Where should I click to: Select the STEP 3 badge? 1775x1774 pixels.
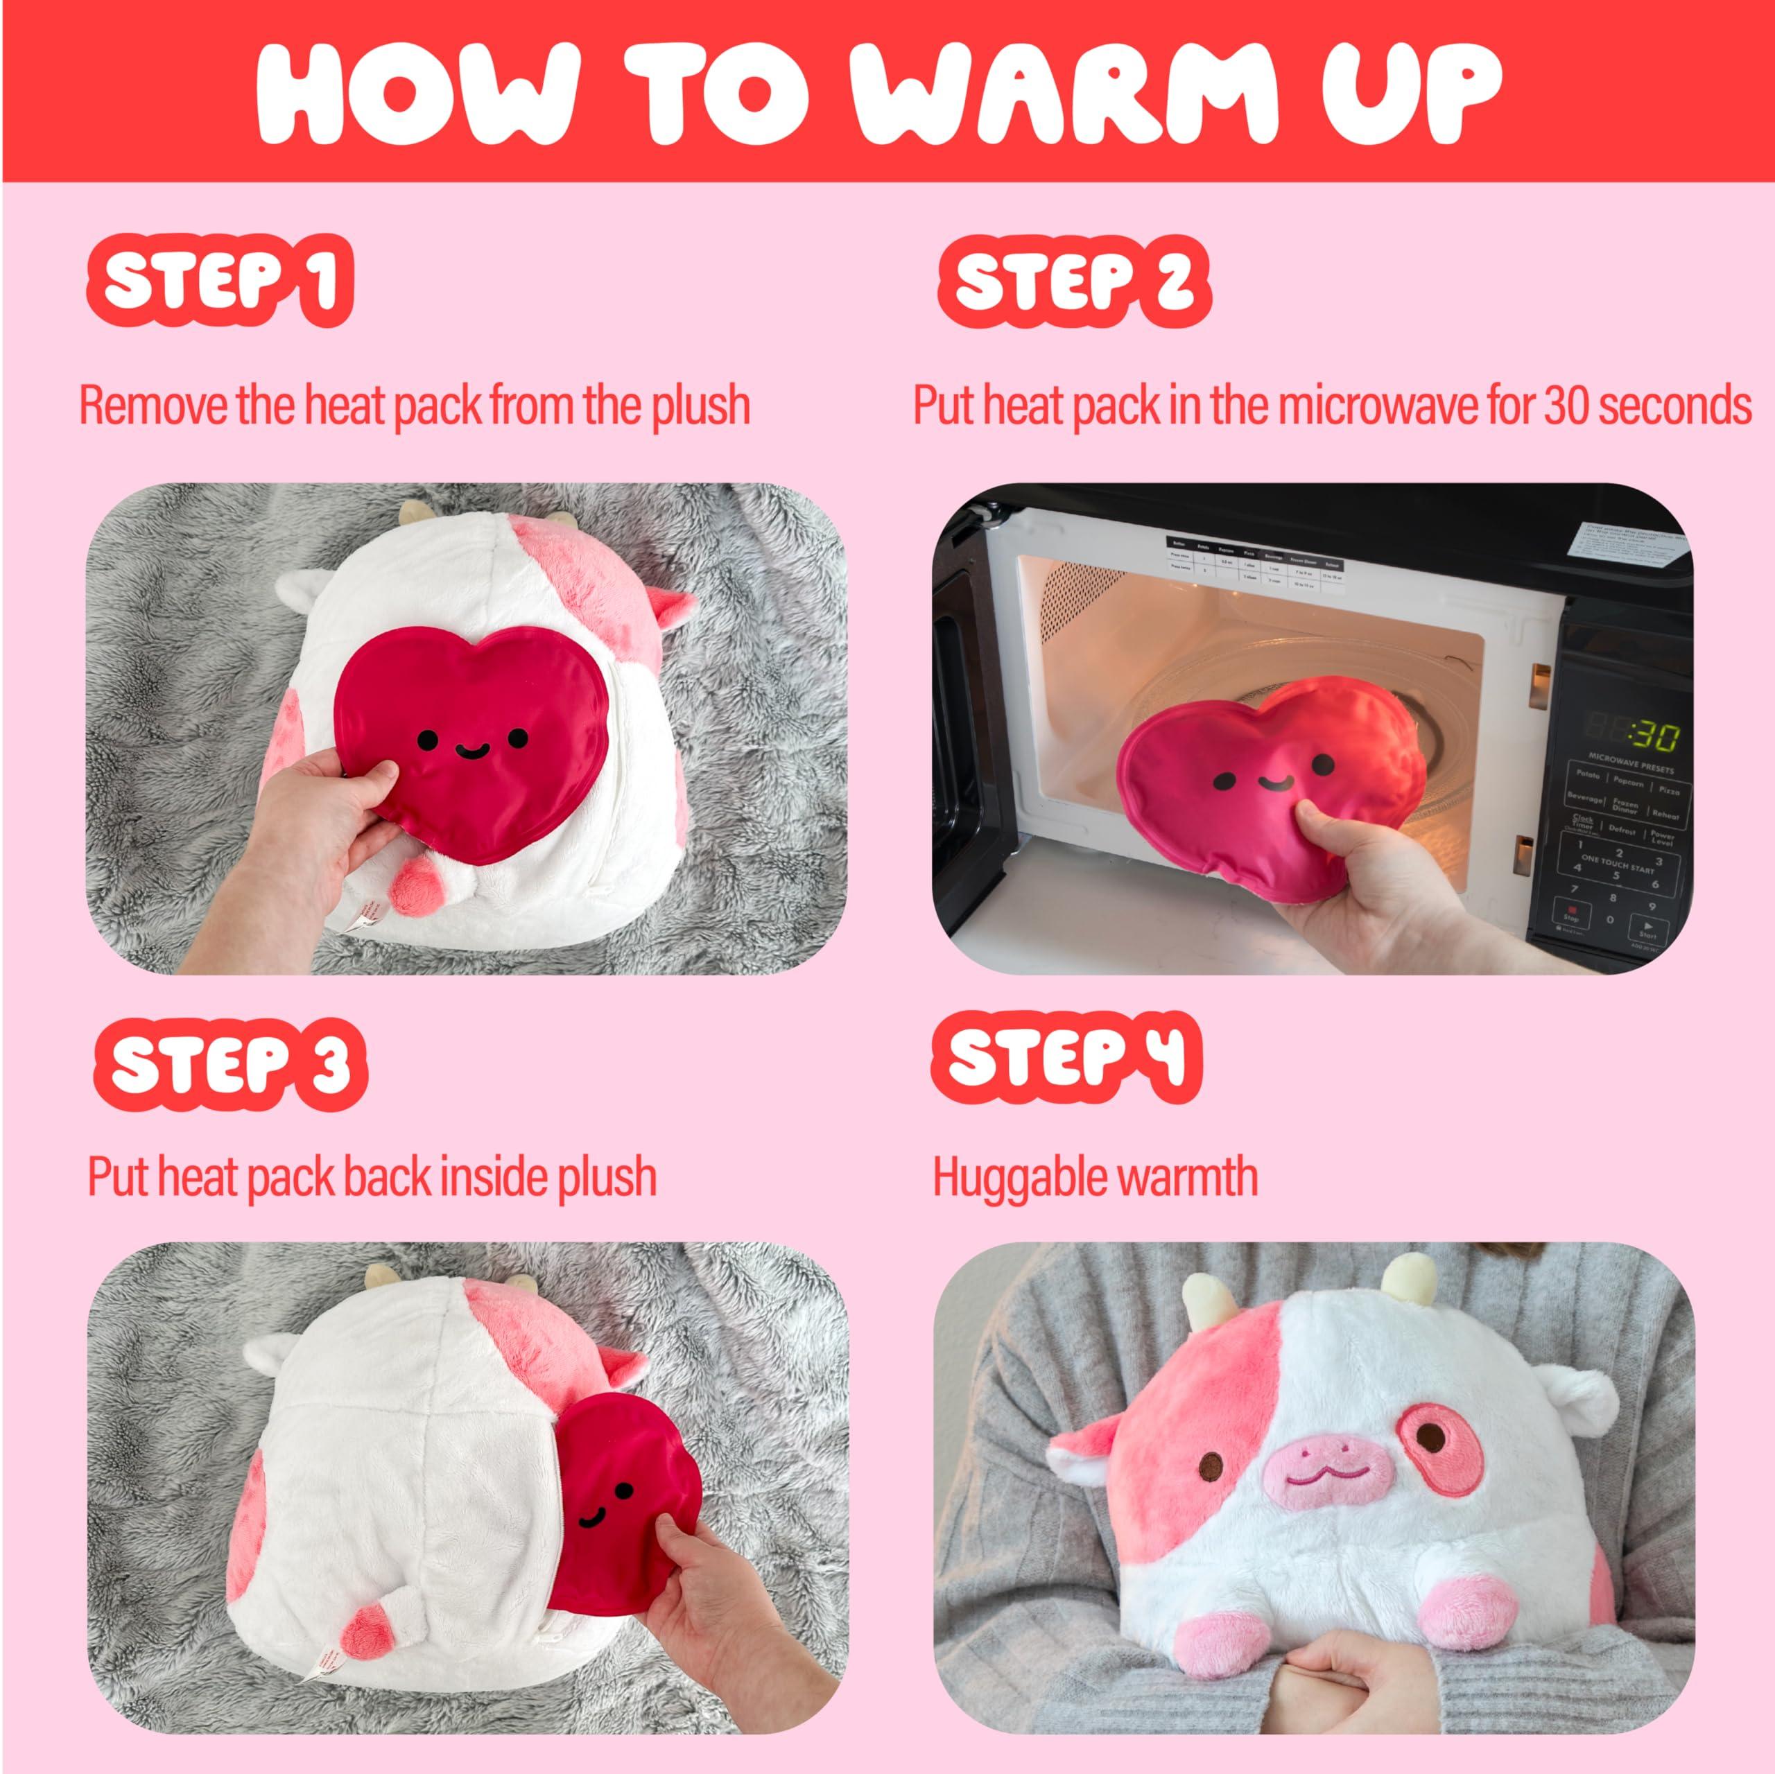tap(230, 1063)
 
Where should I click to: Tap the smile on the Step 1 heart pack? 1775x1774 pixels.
tap(470, 751)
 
